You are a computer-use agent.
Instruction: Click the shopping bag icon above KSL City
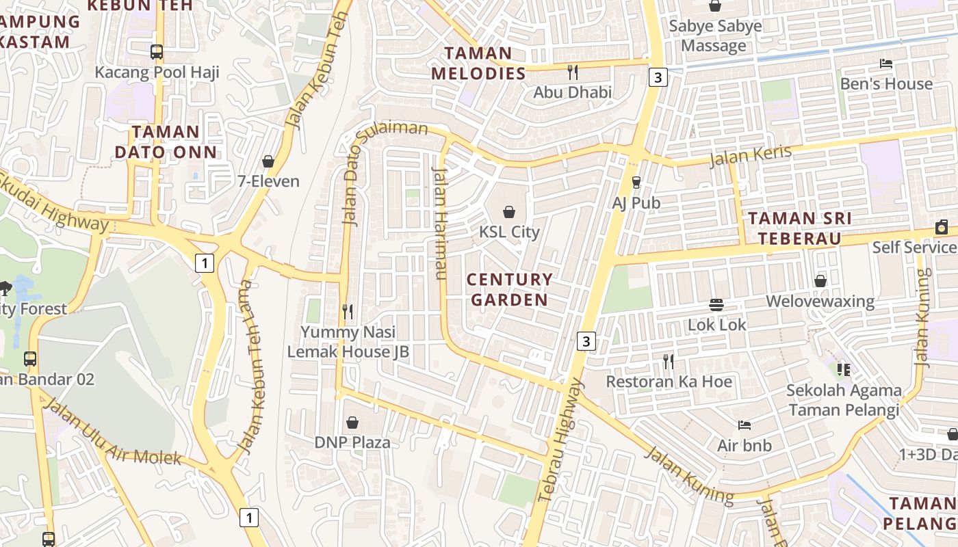click(509, 212)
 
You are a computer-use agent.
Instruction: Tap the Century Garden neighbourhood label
click(509, 289)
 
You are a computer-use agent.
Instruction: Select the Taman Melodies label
click(478, 63)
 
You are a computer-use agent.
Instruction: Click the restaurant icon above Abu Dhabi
click(573, 72)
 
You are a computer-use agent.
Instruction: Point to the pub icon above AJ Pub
click(636, 183)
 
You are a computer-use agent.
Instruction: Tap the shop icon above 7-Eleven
click(268, 161)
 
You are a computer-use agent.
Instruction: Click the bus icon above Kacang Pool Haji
click(157, 52)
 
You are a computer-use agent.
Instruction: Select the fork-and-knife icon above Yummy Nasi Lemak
click(348, 312)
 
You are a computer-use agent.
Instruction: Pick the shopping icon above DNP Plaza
click(352, 423)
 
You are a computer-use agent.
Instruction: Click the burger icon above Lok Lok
click(716, 304)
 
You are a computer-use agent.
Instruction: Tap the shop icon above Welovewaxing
click(820, 281)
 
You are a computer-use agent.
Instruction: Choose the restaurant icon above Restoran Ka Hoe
click(669, 361)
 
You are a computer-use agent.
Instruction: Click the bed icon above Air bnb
click(745, 425)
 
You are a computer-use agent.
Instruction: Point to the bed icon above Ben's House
click(886, 64)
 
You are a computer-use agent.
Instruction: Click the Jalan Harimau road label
click(439, 223)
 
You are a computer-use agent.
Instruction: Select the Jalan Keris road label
click(750, 156)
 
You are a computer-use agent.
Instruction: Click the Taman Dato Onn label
click(166, 142)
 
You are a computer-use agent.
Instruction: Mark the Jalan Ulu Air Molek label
click(113, 432)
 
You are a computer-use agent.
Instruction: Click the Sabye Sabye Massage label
click(714, 36)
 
